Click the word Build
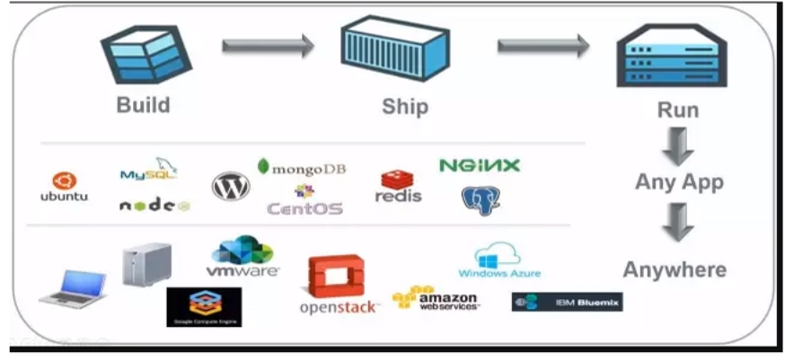(143, 105)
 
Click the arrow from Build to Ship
(268, 45)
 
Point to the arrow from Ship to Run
(543, 45)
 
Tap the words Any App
(679, 182)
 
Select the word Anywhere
(675, 269)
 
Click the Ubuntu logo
(65, 187)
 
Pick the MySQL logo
(149, 170)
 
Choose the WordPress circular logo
(231, 186)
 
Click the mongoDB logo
(301, 168)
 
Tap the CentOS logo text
(304, 207)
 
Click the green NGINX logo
(479, 165)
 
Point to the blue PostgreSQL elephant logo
(481, 200)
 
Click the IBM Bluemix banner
(567, 302)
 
